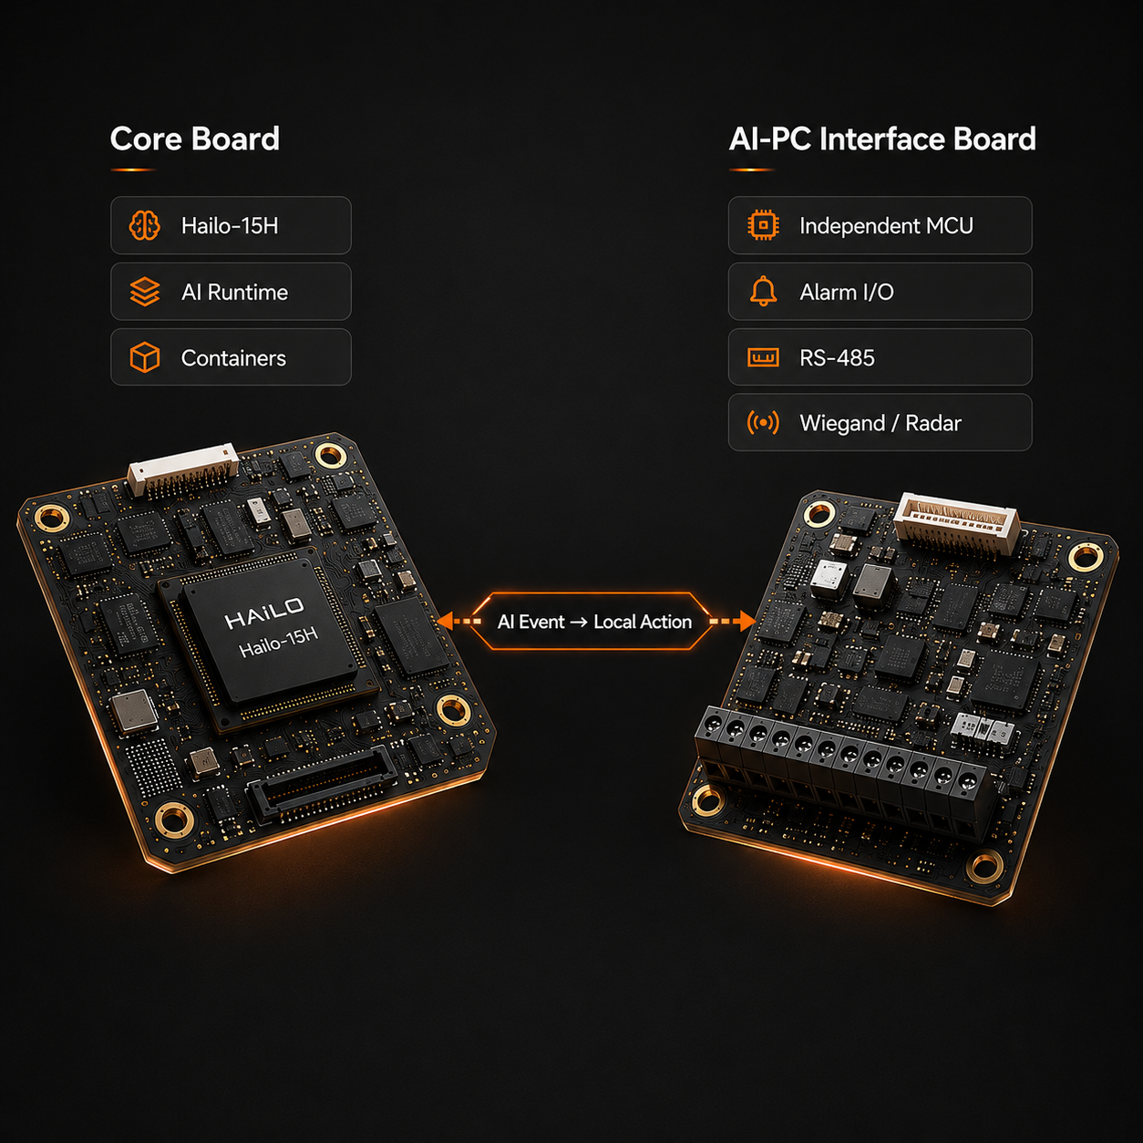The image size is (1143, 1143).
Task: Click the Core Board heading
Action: [x=194, y=139]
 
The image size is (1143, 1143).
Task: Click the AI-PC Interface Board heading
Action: [x=882, y=139]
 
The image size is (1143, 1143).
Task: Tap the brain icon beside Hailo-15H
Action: [x=144, y=225]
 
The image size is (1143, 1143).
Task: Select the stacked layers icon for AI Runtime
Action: [x=144, y=292]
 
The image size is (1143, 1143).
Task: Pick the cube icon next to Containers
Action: [x=144, y=357]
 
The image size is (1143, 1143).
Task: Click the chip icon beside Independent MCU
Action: [x=763, y=225]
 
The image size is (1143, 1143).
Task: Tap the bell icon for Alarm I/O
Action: [x=763, y=292]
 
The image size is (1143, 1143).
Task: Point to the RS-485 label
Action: [x=837, y=357]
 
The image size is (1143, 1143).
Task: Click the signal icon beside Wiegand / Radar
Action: [x=763, y=423]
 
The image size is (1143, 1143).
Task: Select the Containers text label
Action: [x=233, y=357]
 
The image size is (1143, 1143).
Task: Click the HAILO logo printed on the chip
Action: [x=264, y=613]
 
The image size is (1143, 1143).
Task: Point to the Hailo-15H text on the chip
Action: [x=278, y=643]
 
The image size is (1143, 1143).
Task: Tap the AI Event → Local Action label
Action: [x=594, y=622]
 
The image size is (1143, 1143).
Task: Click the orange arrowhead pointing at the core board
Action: [x=445, y=622]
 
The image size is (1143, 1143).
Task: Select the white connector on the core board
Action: [x=183, y=469]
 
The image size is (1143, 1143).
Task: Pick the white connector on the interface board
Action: [x=957, y=523]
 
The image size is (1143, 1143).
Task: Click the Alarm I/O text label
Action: [x=847, y=292]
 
